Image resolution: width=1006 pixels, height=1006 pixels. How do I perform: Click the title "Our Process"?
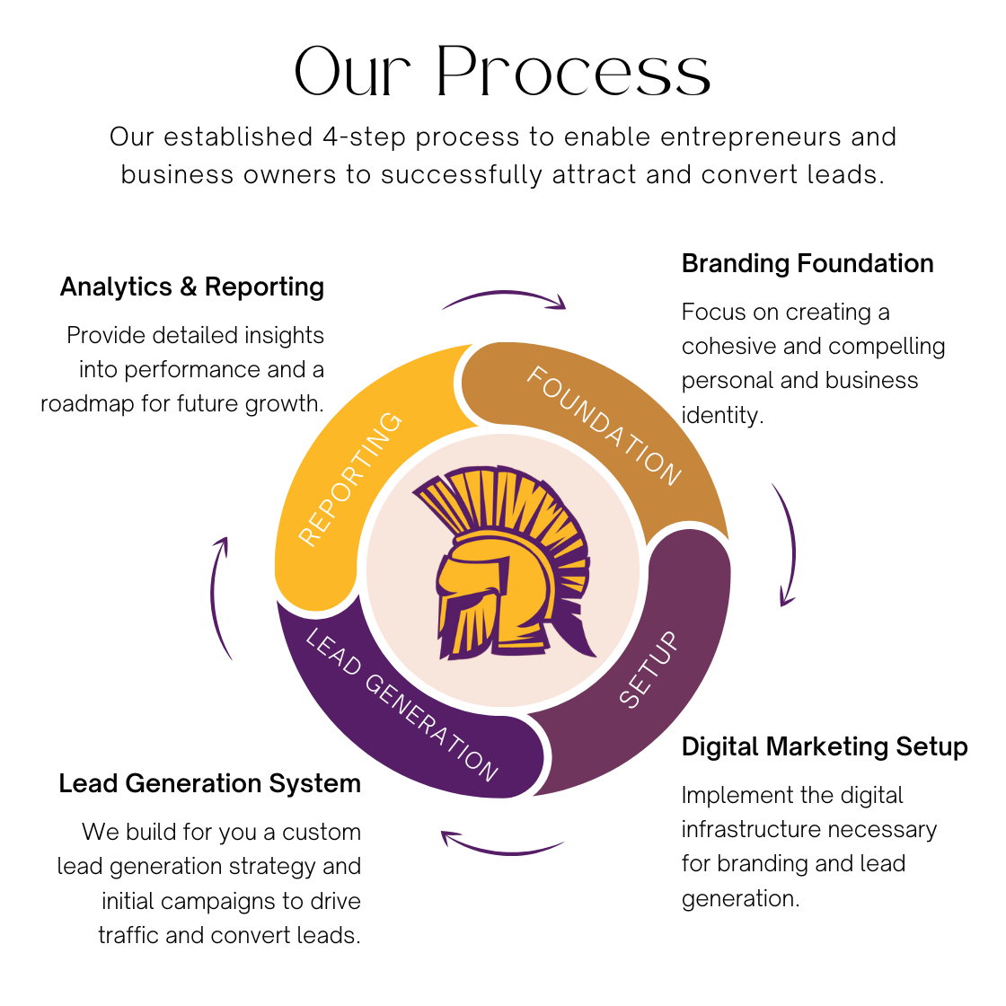click(502, 71)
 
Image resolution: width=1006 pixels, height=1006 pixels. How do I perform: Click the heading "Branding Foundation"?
click(807, 264)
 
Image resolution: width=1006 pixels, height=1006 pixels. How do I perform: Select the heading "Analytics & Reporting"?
click(192, 287)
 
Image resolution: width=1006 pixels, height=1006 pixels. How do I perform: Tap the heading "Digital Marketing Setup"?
click(825, 747)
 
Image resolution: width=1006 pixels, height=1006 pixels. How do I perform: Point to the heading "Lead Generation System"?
click(209, 784)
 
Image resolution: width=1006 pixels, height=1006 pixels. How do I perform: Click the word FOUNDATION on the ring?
click(604, 426)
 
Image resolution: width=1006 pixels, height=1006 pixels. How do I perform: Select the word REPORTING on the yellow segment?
click(349, 479)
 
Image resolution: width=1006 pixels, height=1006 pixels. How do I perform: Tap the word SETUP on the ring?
click(649, 670)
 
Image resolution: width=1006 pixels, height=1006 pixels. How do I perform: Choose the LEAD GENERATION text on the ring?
click(402, 706)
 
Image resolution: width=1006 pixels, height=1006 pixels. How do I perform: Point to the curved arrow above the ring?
click(504, 299)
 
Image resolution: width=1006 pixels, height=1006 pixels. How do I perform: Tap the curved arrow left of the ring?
click(219, 597)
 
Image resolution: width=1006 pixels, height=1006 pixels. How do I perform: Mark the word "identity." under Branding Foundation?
click(722, 415)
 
